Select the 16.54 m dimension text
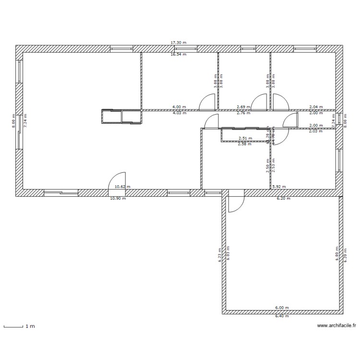coord(178,55)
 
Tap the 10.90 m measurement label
coord(118,198)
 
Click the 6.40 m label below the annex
coord(282,316)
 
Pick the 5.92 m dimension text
coord(279,187)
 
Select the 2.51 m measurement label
coord(245,138)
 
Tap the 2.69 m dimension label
coord(243,107)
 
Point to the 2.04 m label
coord(315,107)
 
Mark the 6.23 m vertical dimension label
coord(220,255)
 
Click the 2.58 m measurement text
coord(245,144)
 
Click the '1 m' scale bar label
coord(30,326)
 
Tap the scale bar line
coord(13,327)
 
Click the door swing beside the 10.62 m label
coord(117,180)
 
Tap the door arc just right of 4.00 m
coord(207,102)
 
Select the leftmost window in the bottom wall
coord(61,192)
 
